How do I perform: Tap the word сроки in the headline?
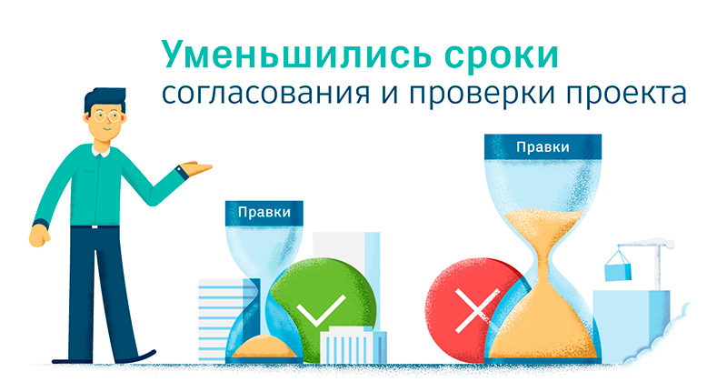click(502, 57)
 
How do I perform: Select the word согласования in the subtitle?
click(265, 94)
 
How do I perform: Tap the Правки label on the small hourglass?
click(264, 213)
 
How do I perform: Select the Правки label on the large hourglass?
click(543, 147)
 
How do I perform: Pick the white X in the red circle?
click(476, 310)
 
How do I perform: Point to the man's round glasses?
click(105, 116)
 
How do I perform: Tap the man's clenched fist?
click(40, 236)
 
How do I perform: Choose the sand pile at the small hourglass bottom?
click(264, 347)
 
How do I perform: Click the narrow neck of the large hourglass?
click(543, 268)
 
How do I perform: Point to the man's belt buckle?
click(95, 226)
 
